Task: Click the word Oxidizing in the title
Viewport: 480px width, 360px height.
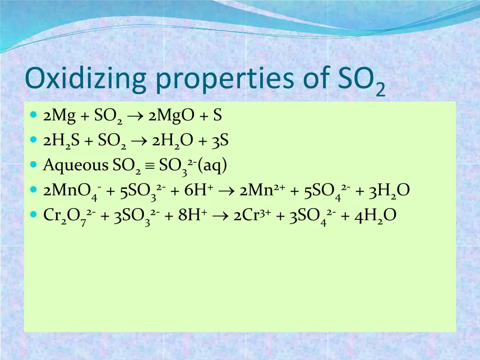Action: pyautogui.click(x=86, y=80)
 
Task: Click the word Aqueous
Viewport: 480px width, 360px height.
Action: pyautogui.click(x=75, y=165)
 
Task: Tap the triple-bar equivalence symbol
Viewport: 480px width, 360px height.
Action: pyautogui.click(x=150, y=165)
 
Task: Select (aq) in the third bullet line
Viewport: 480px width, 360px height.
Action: pyautogui.click(x=213, y=165)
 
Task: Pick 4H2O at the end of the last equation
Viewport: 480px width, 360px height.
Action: pyautogui.click(x=375, y=216)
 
